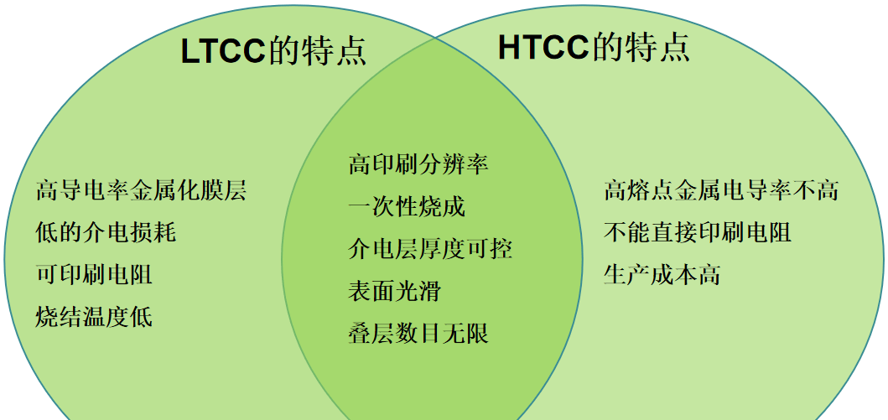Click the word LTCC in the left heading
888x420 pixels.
pos(223,52)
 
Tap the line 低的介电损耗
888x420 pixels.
pos(106,232)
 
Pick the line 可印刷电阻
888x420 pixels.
pos(94,274)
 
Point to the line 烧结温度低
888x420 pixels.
pos(94,317)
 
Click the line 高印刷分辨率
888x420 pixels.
pos(418,164)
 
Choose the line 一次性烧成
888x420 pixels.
pos(406,206)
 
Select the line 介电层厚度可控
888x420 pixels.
pos(429,249)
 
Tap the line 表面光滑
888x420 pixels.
pos(394,292)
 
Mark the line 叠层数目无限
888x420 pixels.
pos(418,334)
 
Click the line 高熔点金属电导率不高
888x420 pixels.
pos(721,191)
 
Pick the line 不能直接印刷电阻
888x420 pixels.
pos(698,232)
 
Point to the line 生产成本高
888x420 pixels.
pos(662,274)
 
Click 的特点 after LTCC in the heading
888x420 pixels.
pos(317,52)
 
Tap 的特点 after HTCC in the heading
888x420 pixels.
pos(641,48)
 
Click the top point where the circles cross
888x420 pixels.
pos(434,39)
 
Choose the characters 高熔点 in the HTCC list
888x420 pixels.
pos(639,191)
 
